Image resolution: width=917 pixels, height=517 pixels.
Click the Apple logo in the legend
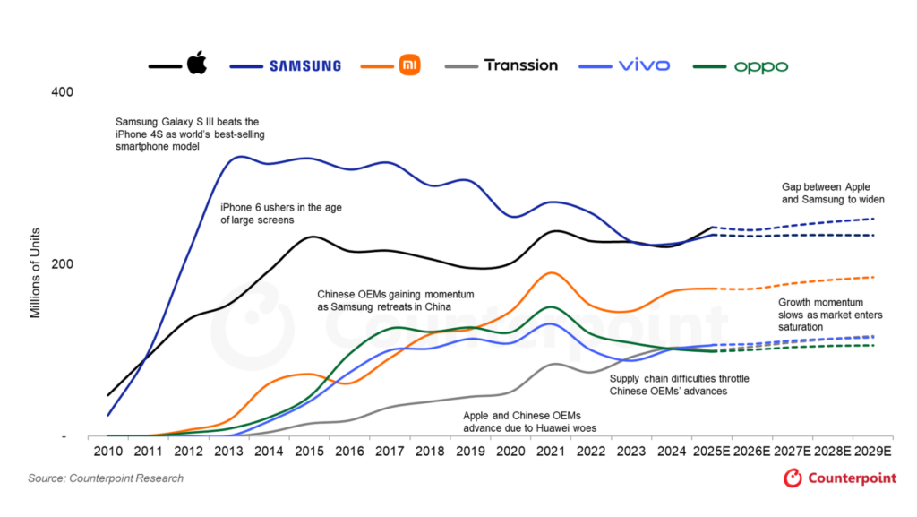[x=196, y=65]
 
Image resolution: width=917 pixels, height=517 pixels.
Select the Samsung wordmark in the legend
[x=304, y=65]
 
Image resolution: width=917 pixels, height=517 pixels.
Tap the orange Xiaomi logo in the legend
[x=409, y=65]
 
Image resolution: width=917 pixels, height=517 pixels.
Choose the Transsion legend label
[x=520, y=65]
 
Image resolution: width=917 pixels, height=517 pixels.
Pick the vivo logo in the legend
[x=643, y=65]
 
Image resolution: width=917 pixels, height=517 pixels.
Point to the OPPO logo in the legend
[x=761, y=66]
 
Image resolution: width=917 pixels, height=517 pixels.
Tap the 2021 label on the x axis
[x=555, y=452]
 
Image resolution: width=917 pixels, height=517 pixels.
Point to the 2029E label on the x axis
[x=872, y=452]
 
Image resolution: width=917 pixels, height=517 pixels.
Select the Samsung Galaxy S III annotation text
[x=190, y=134]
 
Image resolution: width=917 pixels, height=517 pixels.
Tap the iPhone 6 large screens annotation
[x=280, y=213]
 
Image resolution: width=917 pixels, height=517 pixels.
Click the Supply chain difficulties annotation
[x=679, y=385]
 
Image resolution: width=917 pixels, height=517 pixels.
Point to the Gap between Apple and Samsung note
[x=826, y=194]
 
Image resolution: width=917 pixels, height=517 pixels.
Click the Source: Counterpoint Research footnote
[x=106, y=478]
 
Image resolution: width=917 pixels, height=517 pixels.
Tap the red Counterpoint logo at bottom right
[x=839, y=479]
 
